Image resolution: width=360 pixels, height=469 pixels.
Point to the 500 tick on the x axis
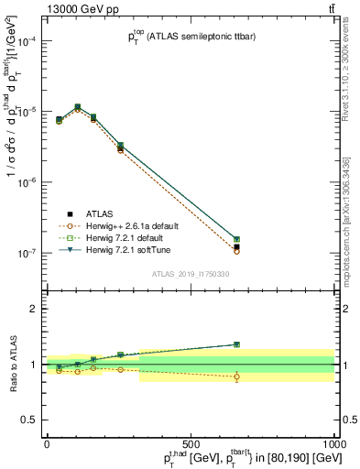click(x=191, y=442)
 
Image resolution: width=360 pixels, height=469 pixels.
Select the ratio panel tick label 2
click(x=33, y=309)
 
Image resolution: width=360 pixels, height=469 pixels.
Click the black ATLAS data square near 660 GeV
click(x=236, y=246)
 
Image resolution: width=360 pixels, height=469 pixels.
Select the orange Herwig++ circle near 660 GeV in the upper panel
click(x=236, y=252)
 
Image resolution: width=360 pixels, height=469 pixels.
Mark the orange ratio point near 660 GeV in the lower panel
click(x=236, y=376)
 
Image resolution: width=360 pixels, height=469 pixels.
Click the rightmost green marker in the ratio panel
click(x=236, y=344)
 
